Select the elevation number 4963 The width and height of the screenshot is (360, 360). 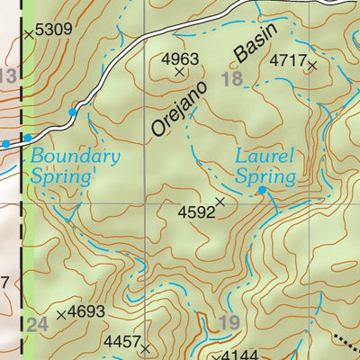(x=179, y=58)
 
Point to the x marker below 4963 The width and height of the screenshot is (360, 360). (x=179, y=72)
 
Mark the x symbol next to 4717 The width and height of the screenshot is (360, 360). (x=312, y=65)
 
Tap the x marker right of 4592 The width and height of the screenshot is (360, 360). (x=220, y=202)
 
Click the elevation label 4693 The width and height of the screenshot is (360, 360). (x=87, y=312)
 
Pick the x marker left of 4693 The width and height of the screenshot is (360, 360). (x=61, y=315)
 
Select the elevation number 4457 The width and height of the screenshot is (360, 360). (x=122, y=342)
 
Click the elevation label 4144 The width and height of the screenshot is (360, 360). (x=239, y=355)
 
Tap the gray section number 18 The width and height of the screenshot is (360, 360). (x=231, y=80)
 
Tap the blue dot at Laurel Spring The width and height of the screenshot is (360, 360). (x=262, y=191)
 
